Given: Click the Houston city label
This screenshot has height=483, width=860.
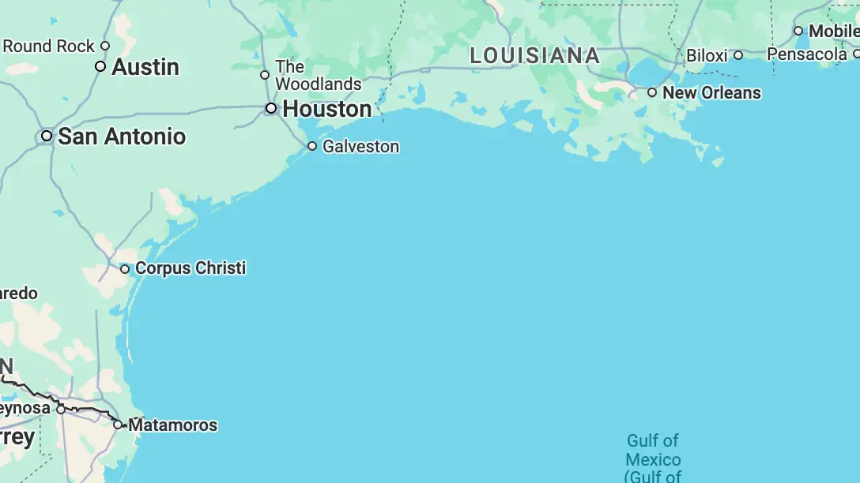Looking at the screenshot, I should [326, 109].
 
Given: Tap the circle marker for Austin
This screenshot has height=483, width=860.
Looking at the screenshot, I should [100, 66].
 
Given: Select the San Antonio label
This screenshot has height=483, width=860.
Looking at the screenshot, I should [122, 137].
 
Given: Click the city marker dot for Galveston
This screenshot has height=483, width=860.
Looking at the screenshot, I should [312, 146].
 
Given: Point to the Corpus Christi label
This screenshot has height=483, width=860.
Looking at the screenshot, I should [190, 268].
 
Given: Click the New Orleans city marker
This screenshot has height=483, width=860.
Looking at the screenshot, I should [652, 92].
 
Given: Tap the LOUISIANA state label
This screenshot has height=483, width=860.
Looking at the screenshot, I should [535, 56].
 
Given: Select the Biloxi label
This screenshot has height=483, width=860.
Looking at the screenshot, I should [707, 56].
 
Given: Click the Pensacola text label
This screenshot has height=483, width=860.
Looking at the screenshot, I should [807, 54].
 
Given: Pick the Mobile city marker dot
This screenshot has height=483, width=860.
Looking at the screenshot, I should [798, 31].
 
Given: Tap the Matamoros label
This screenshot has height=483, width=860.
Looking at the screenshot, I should [172, 425].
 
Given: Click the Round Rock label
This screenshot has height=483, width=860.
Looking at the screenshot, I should [49, 47].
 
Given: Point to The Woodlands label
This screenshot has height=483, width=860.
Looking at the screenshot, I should [318, 76].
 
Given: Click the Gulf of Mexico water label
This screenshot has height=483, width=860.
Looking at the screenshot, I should [653, 459].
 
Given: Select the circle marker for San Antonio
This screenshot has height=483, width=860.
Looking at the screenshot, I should [47, 136].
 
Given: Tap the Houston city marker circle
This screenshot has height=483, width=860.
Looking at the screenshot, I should [271, 108].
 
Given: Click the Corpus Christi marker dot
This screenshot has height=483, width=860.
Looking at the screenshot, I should [125, 269].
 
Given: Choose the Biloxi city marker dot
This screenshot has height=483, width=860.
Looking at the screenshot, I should [738, 55].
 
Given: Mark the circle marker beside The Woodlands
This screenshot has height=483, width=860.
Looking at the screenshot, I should [265, 75].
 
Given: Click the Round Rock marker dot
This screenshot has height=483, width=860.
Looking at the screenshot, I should [105, 46].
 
